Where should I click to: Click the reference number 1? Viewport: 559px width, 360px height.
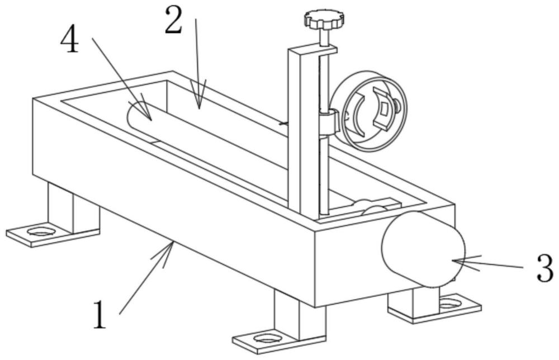point(100,315)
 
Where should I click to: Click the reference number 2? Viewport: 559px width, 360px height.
point(174,20)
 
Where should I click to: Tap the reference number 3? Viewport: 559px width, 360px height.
point(545,268)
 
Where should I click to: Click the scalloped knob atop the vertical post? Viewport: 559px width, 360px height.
point(325,20)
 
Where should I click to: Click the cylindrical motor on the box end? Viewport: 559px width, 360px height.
point(423,249)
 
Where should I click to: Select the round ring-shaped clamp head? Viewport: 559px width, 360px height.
point(371,111)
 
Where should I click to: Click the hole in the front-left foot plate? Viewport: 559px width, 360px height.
point(40,231)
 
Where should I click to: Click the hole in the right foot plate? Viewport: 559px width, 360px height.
point(450,304)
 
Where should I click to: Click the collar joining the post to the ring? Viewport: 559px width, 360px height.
point(328,122)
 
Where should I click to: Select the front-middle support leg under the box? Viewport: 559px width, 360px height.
point(300,314)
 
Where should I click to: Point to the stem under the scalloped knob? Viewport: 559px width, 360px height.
point(324,37)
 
